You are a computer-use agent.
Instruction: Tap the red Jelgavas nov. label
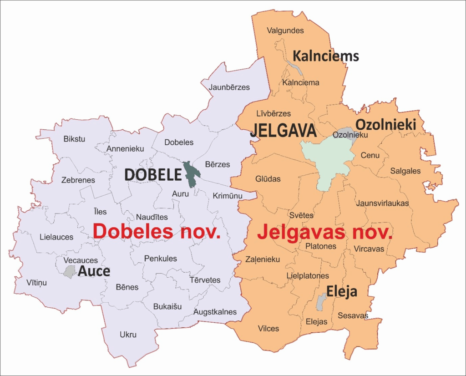point(325,232)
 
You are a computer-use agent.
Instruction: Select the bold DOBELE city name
point(153,174)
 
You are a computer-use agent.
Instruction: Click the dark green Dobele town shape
point(190,173)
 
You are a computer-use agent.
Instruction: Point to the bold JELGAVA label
point(283,131)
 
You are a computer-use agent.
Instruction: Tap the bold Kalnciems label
point(326,56)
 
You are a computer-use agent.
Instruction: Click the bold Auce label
point(94,271)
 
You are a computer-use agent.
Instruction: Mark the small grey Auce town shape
point(70,272)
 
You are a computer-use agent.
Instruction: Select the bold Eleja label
point(341,292)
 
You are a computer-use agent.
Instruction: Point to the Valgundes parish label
point(285,30)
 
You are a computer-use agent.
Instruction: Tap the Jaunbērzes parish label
point(229,87)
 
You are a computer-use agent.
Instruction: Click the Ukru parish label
point(128,335)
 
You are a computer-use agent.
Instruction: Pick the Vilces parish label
point(268,328)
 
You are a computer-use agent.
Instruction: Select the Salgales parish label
point(405,171)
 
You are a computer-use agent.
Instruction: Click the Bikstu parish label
point(75,139)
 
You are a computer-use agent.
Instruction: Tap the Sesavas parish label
point(353,315)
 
